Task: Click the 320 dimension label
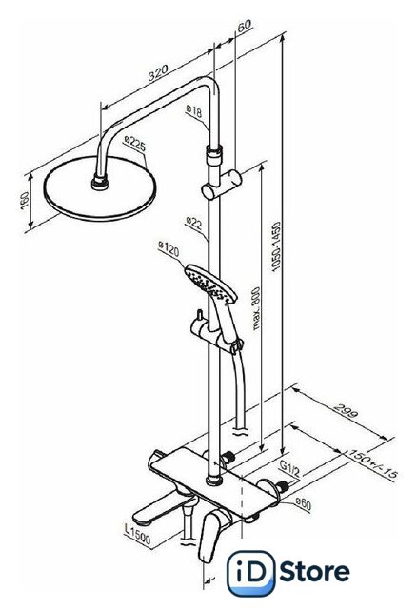[158, 72]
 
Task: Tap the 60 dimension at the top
[245, 26]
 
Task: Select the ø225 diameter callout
[135, 144]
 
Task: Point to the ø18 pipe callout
[194, 111]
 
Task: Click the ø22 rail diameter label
[194, 223]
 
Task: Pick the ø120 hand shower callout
[169, 249]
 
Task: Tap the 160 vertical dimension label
[24, 201]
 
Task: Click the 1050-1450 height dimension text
[276, 246]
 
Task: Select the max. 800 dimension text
[256, 308]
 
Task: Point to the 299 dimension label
[346, 411]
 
